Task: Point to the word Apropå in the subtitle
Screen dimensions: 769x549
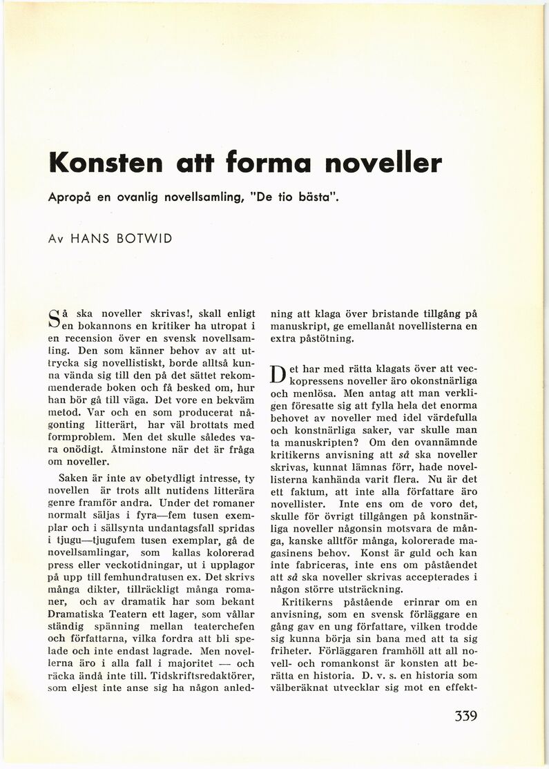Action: [72, 197]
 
